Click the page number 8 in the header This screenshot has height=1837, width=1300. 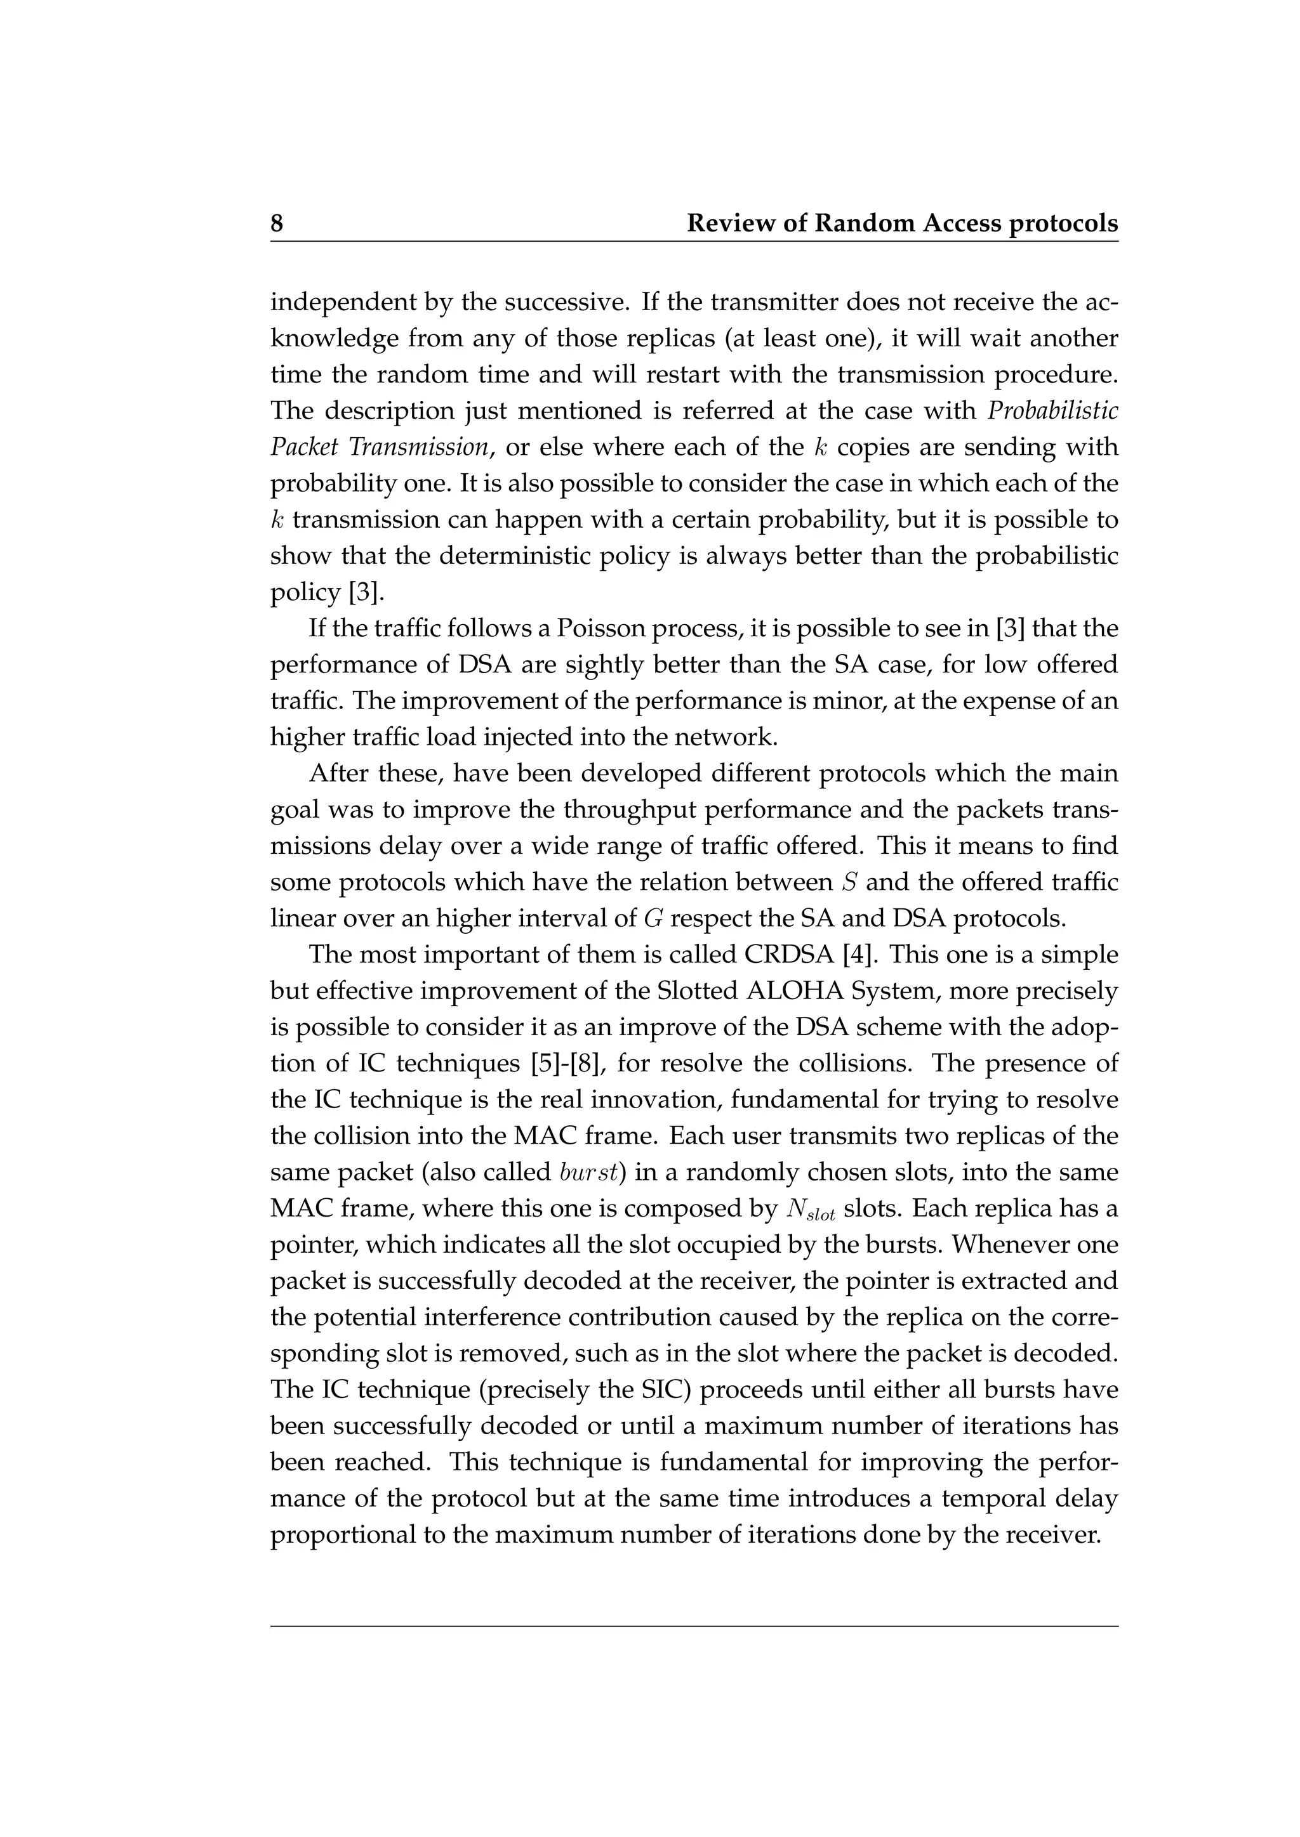277,223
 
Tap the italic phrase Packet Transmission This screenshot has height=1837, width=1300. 380,447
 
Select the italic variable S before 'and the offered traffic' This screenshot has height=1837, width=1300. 849,882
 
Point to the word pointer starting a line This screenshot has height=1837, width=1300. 313,1246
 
